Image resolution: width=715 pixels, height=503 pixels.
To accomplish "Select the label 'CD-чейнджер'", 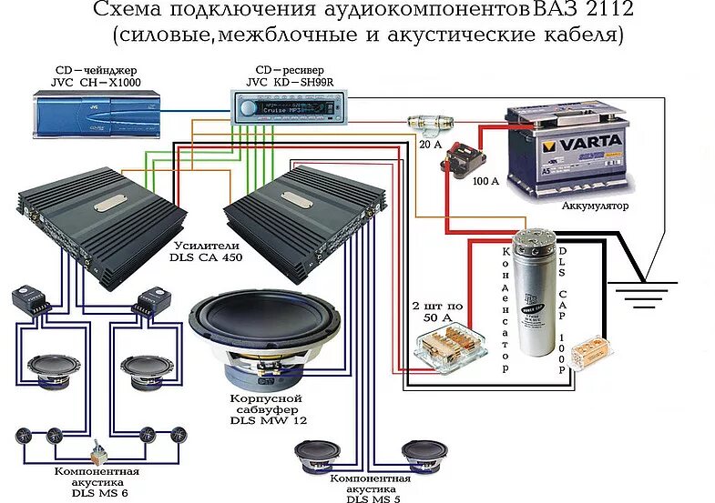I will pyautogui.click(x=86, y=69).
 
